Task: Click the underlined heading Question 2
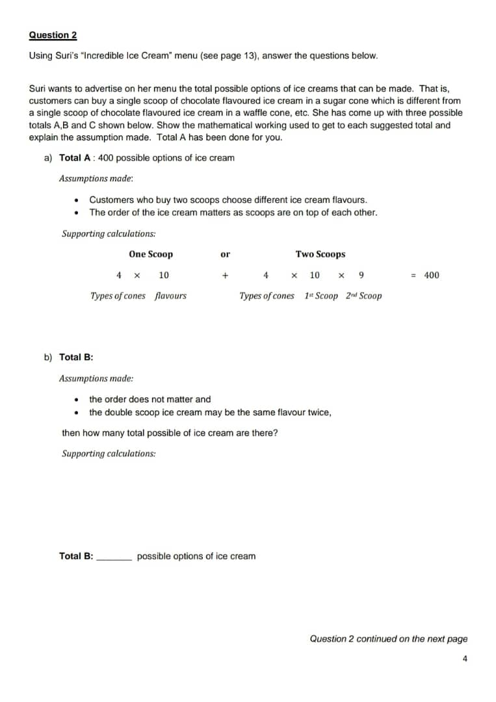(x=53, y=35)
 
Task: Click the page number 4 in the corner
(x=465, y=658)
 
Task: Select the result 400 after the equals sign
(x=432, y=275)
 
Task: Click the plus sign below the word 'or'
(x=225, y=275)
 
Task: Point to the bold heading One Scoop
(x=151, y=254)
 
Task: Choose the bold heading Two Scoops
(x=320, y=254)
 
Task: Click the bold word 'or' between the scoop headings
(x=226, y=254)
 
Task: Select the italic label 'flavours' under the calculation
(x=170, y=296)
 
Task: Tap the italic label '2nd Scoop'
(x=364, y=296)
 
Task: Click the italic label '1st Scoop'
(x=321, y=296)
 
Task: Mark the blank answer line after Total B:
(x=114, y=558)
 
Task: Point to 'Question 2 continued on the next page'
(x=388, y=639)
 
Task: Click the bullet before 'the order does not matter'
(x=77, y=400)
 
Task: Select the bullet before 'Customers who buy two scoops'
(x=77, y=200)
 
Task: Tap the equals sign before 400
(x=413, y=275)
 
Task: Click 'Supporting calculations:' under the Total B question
(x=109, y=454)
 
